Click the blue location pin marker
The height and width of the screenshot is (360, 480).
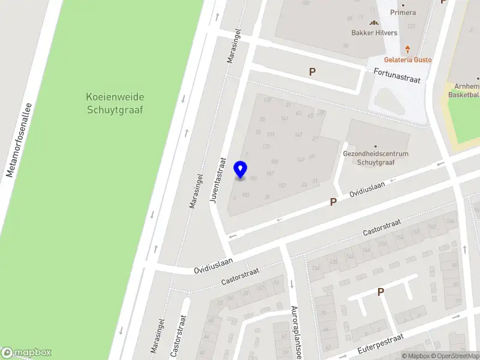[241, 170]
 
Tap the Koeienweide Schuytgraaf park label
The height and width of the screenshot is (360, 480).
[116, 103]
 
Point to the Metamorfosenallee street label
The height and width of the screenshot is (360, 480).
[19, 139]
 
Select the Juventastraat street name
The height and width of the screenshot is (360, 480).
[217, 180]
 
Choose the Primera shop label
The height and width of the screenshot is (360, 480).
[403, 12]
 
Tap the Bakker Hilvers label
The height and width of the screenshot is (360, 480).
[374, 33]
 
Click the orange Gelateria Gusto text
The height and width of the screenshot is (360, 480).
[407, 60]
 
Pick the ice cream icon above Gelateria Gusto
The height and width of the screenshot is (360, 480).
[408, 49]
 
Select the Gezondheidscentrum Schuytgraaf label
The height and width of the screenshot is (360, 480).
[375, 158]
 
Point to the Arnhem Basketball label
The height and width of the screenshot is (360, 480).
[464, 91]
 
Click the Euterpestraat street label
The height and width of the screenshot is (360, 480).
[377, 344]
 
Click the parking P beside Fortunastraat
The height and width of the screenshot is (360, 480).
[312, 72]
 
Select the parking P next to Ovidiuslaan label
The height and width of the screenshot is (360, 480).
[333, 203]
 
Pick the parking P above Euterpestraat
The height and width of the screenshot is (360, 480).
[380, 292]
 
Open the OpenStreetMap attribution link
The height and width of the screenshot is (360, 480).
[457, 356]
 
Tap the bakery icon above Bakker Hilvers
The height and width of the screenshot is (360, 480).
[374, 23]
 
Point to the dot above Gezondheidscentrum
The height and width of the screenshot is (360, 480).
[375, 146]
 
